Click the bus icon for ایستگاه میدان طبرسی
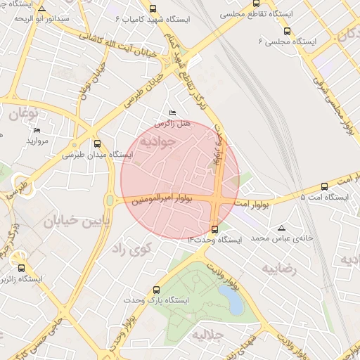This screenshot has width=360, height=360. [98, 142]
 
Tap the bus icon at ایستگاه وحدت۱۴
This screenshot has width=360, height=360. [214, 229]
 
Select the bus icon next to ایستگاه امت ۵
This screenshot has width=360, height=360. [324, 186]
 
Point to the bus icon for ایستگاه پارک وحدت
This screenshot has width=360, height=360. [156, 289]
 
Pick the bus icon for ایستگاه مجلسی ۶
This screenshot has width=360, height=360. [287, 31]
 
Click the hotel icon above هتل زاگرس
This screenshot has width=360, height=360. [173, 112]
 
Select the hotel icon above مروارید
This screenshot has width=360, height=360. [37, 130]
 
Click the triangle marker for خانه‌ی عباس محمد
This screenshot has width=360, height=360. [282, 228]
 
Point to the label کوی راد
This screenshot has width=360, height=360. [126, 249]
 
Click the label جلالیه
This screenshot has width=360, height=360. [211, 334]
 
